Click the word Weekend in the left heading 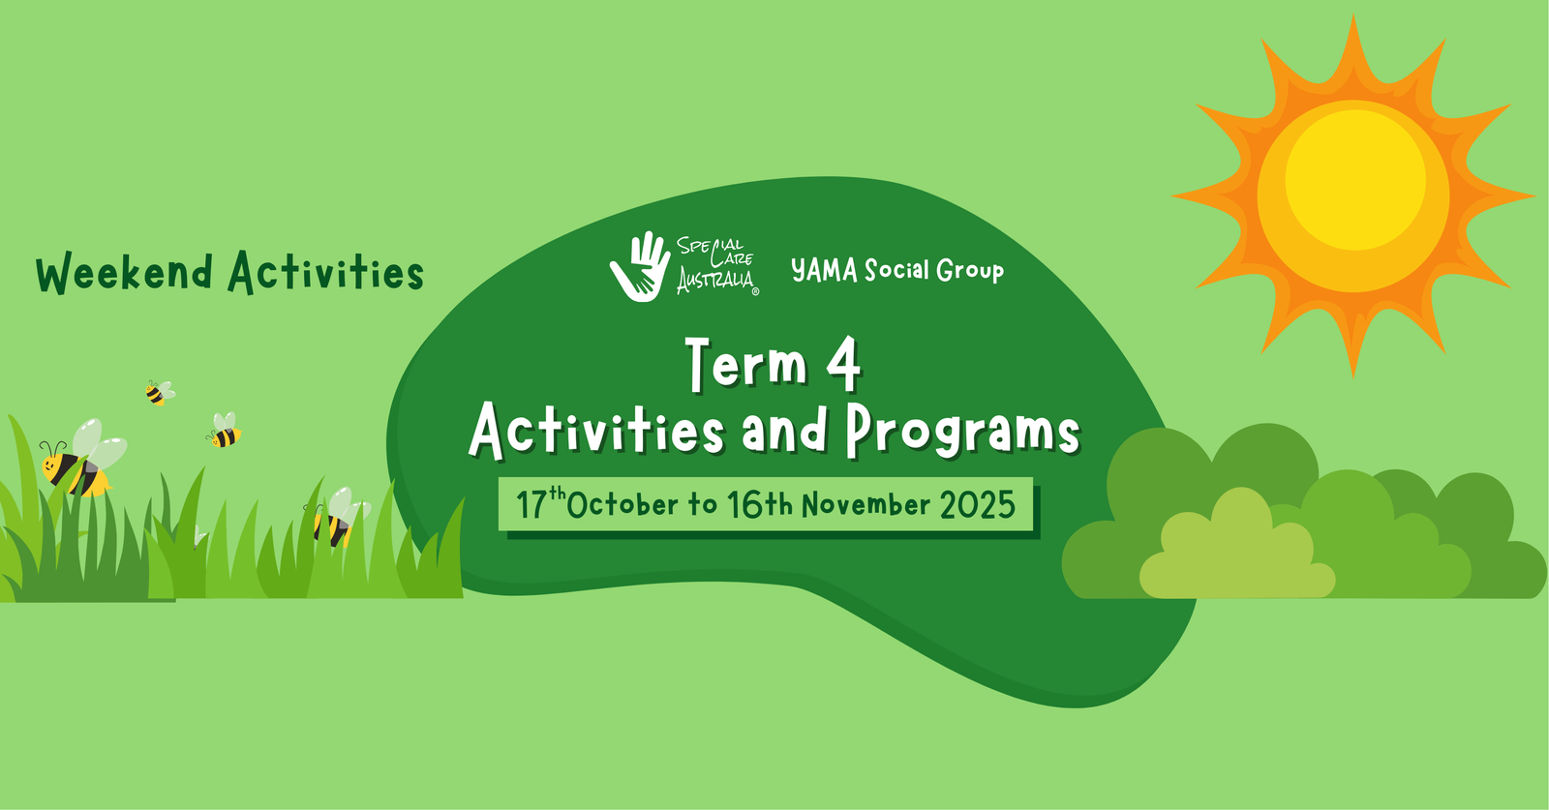124,273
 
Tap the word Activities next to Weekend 326,273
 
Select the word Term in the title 746,364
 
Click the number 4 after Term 843,364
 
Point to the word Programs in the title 962,432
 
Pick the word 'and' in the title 784,432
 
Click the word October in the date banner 623,504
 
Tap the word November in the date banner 866,504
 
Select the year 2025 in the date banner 978,504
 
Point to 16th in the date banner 760,504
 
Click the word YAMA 824,270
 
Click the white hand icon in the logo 640,266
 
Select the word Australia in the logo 715,282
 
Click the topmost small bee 158,392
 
